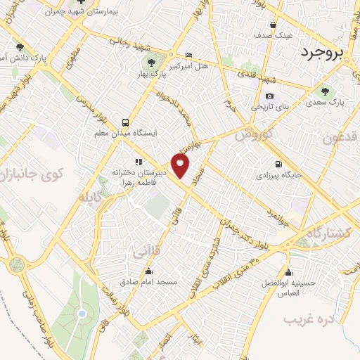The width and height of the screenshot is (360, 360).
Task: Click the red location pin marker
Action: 181,165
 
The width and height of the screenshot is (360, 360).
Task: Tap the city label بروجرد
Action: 330,53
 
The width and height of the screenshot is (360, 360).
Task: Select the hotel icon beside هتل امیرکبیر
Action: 188,55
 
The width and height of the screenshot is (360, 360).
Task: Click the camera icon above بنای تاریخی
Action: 269,96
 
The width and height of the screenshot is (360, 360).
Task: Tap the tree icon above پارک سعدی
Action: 324,91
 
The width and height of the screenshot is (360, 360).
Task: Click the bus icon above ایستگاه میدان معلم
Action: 125,120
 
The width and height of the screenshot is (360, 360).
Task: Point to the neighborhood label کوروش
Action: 253,133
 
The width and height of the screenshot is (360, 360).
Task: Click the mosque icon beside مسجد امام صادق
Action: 148,271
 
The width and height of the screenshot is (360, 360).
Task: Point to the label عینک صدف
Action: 292,34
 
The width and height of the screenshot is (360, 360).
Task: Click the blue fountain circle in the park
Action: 82,313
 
